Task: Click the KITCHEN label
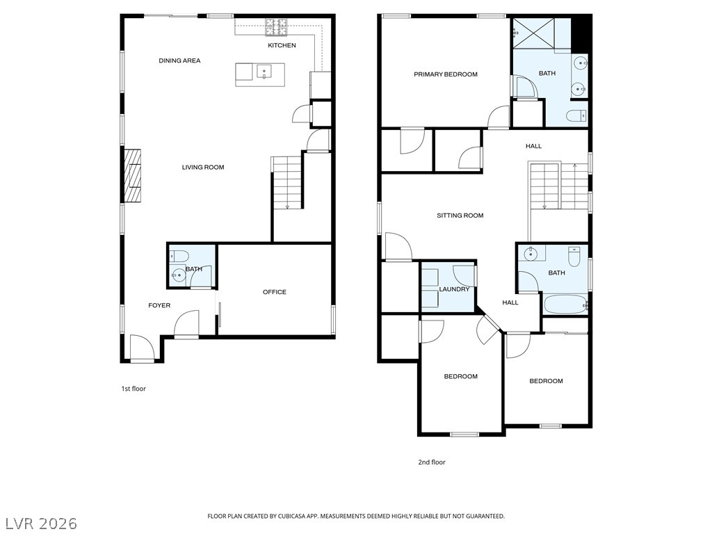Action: click(282, 45)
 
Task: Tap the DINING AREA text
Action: click(179, 60)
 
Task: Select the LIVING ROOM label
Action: click(203, 167)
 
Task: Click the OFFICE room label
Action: click(274, 292)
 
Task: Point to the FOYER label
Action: click(159, 306)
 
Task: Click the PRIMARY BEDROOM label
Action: click(446, 74)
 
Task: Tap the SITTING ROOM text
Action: click(460, 216)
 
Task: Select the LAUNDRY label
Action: click(454, 289)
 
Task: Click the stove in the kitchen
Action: click(276, 27)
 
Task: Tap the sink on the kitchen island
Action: click(264, 72)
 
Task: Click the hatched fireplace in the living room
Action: click(133, 175)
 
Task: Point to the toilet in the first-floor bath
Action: click(179, 257)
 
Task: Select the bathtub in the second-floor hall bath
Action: click(565, 305)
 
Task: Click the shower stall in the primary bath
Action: click(533, 33)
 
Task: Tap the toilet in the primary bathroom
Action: click(576, 116)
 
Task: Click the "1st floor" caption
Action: click(133, 389)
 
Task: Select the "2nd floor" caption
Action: click(432, 462)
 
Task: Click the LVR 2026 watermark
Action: click(39, 524)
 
